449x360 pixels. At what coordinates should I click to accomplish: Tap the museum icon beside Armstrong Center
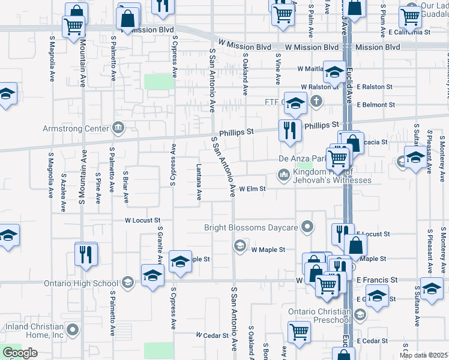coord(118,128)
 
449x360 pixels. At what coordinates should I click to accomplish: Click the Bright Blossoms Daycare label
coord(251,227)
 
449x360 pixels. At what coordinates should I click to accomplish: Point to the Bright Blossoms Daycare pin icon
coord(307,227)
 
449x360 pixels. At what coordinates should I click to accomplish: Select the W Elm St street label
coord(252,188)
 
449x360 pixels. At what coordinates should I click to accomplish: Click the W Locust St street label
coord(142,220)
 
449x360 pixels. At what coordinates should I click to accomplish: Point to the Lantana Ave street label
coord(199,184)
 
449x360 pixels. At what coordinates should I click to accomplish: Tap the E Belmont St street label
coord(375,104)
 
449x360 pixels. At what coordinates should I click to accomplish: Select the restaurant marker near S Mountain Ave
coord(86,253)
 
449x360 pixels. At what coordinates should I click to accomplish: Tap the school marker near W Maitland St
coord(334,73)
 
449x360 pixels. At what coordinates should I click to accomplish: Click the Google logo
coord(20,353)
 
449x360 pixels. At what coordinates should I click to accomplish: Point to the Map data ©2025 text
coord(423,355)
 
